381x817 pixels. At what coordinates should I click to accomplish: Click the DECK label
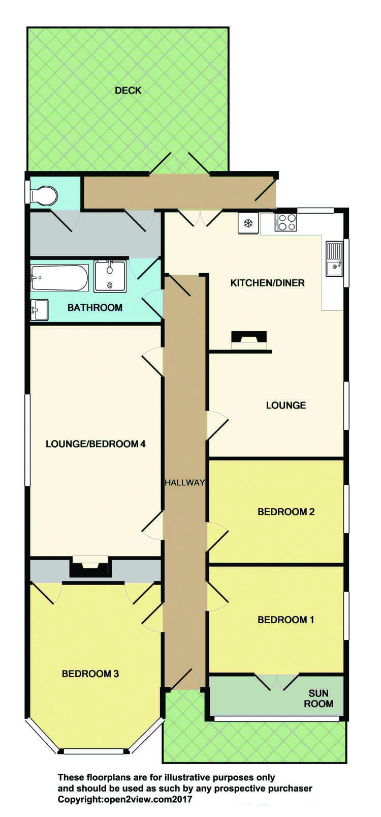tap(128, 91)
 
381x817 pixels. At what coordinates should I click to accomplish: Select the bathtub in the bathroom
tap(59, 278)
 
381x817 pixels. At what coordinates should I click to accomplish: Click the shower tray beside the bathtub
tap(110, 276)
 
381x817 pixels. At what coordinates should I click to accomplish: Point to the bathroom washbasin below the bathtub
tap(39, 310)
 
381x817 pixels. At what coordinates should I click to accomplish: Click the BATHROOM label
tap(95, 307)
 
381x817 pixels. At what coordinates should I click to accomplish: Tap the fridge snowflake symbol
tap(248, 223)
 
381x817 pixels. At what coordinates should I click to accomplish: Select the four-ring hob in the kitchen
tap(285, 222)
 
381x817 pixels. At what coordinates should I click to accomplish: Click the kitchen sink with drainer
tap(334, 258)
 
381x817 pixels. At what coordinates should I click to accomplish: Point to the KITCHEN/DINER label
tap(267, 283)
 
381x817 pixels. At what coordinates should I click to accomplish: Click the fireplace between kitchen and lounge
tap(249, 340)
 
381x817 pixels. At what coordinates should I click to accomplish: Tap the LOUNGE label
tap(286, 405)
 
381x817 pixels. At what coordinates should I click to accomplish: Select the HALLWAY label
tap(184, 482)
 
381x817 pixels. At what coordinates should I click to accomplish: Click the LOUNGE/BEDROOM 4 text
tap(96, 444)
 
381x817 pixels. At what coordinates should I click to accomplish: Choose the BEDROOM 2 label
tap(286, 512)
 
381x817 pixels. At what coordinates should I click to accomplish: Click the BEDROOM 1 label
tap(286, 620)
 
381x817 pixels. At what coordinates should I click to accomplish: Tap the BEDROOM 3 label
tap(90, 674)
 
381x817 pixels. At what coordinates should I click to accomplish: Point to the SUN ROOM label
tap(319, 698)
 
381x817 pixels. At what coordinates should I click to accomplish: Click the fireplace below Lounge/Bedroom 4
tap(90, 567)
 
